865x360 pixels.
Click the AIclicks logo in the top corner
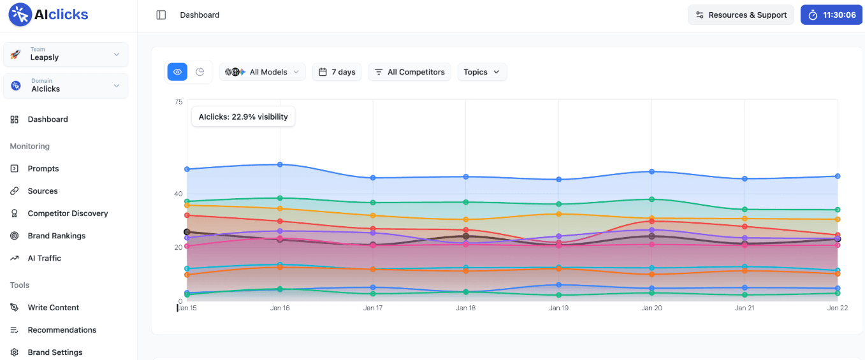point(48,15)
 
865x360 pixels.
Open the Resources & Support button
point(741,15)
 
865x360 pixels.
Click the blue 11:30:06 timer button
point(831,15)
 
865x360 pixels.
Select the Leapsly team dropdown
point(66,54)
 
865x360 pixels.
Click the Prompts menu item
point(43,169)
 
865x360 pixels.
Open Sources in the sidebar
point(43,191)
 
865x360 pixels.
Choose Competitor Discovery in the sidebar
point(68,213)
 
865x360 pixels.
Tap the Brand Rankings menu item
point(56,236)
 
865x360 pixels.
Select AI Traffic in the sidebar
point(44,258)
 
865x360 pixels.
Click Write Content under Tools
point(54,308)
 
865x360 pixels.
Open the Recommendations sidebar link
point(62,330)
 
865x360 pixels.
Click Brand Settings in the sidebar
point(55,352)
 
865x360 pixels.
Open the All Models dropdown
point(263,72)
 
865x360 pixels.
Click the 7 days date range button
point(337,72)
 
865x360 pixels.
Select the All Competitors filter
point(410,72)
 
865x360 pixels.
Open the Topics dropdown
point(482,72)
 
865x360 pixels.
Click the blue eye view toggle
point(178,72)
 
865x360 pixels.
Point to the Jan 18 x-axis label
point(465,308)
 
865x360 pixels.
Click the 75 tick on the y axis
point(178,102)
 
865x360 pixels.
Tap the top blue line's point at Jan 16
point(280,164)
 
